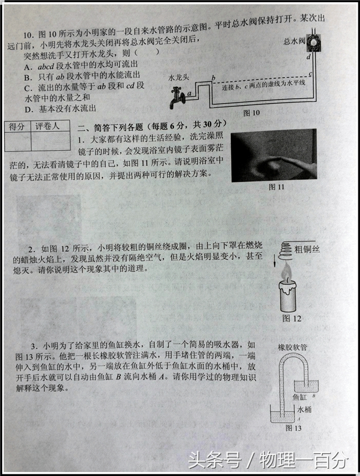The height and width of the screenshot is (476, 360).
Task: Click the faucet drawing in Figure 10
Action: coord(176,98)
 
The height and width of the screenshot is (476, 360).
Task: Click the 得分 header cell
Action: coord(17,127)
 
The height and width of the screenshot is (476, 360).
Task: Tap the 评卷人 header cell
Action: coord(48,127)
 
